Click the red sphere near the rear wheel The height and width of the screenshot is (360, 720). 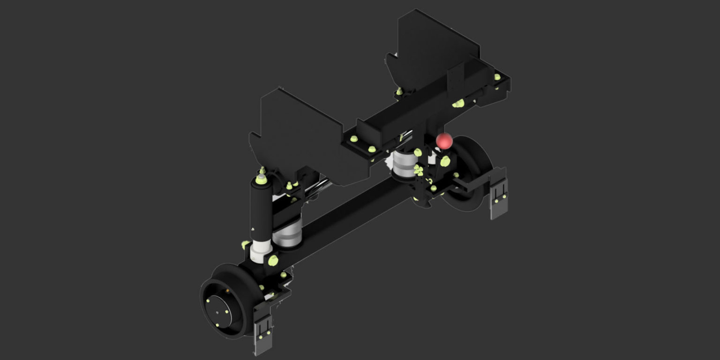pos(443,141)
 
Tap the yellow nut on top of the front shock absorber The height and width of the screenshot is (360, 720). pos(261,179)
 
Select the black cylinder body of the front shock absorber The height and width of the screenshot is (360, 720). pos(260,211)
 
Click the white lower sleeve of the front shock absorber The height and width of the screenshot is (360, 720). pos(260,250)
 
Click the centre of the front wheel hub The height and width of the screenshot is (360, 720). pos(220,310)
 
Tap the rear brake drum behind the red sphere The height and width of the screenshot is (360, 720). pos(471,164)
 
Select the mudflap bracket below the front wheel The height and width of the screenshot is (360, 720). pos(263,330)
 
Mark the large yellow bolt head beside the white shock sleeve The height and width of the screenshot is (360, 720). pos(273,260)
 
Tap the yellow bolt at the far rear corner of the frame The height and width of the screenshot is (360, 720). pos(497,76)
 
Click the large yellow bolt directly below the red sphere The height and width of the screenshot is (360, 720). pos(445,161)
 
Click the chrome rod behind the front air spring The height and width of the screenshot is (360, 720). pos(319,187)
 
